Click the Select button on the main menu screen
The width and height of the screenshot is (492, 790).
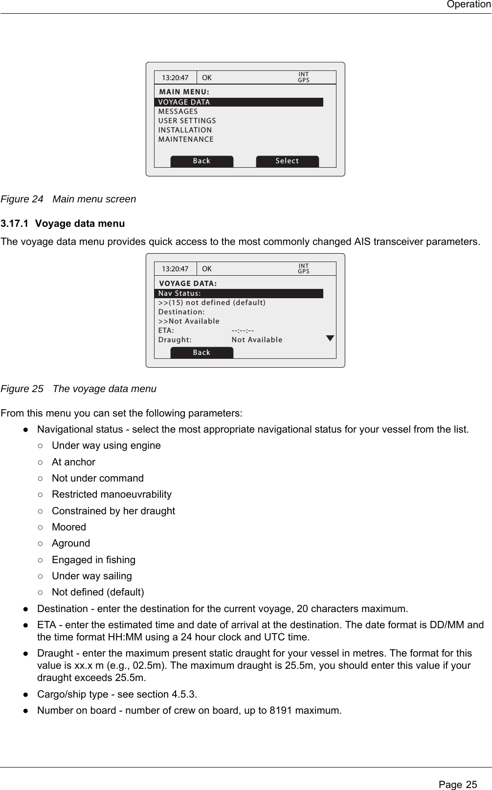(287, 161)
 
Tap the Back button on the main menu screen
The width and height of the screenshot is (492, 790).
(201, 161)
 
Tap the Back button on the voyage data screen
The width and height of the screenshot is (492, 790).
(201, 352)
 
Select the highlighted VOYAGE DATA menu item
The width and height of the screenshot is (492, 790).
(239, 102)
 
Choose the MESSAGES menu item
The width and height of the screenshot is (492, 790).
(178, 111)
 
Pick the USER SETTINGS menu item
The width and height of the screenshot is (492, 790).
(187, 121)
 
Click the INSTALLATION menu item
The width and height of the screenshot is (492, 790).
(185, 130)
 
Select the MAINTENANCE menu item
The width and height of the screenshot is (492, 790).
(186, 139)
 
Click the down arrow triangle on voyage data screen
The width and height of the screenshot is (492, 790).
(330, 338)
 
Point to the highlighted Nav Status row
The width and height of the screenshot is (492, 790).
(239, 293)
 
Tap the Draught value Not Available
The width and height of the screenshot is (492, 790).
(257, 340)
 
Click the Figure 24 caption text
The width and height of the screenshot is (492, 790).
(68, 199)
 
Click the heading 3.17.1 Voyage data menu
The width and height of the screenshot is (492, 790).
(63, 224)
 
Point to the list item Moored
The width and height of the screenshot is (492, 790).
(69, 527)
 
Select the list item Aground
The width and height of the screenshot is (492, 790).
(71, 543)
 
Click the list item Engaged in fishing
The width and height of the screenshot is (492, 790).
(93, 560)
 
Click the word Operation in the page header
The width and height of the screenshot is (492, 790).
(468, 5)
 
